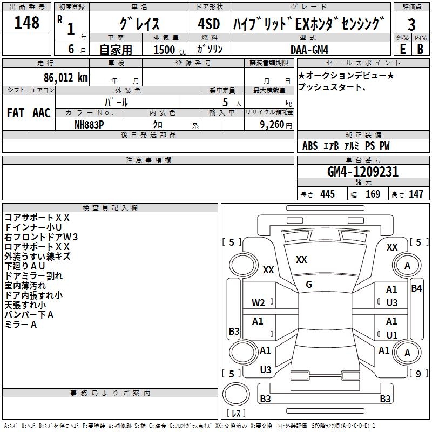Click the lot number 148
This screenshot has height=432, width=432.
(x=27, y=23)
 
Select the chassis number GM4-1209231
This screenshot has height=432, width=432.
(x=363, y=172)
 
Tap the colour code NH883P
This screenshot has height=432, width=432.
(x=90, y=124)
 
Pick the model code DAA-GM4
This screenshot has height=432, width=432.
(x=309, y=49)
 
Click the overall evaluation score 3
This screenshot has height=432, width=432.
(x=411, y=24)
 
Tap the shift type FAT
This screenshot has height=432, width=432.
(x=16, y=112)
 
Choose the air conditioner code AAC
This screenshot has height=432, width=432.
(x=42, y=112)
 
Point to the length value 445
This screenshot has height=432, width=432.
(x=327, y=194)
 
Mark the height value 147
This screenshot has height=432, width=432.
(x=416, y=194)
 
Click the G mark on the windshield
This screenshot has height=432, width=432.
(x=309, y=284)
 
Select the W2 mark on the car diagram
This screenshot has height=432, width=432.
(x=258, y=303)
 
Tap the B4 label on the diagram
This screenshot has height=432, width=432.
(x=416, y=288)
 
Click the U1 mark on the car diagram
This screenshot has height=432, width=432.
(x=392, y=335)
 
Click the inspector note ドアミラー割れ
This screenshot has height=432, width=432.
(x=33, y=276)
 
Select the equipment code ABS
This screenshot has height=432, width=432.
(x=310, y=146)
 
